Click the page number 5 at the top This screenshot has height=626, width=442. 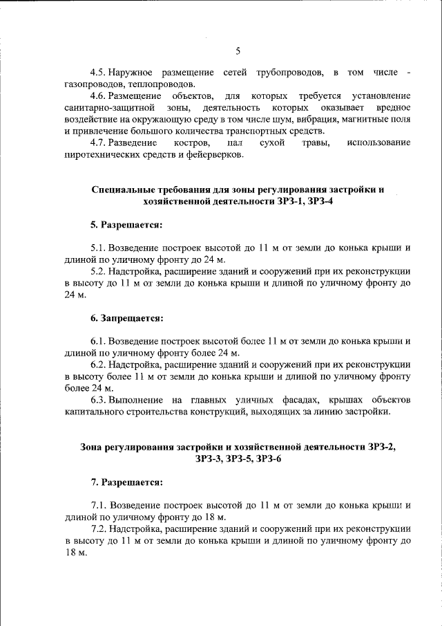pyautogui.click(x=238, y=50)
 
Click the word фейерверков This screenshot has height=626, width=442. pyautogui.click(x=215, y=154)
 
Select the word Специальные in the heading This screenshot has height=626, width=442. pyautogui.click(x=122, y=190)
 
